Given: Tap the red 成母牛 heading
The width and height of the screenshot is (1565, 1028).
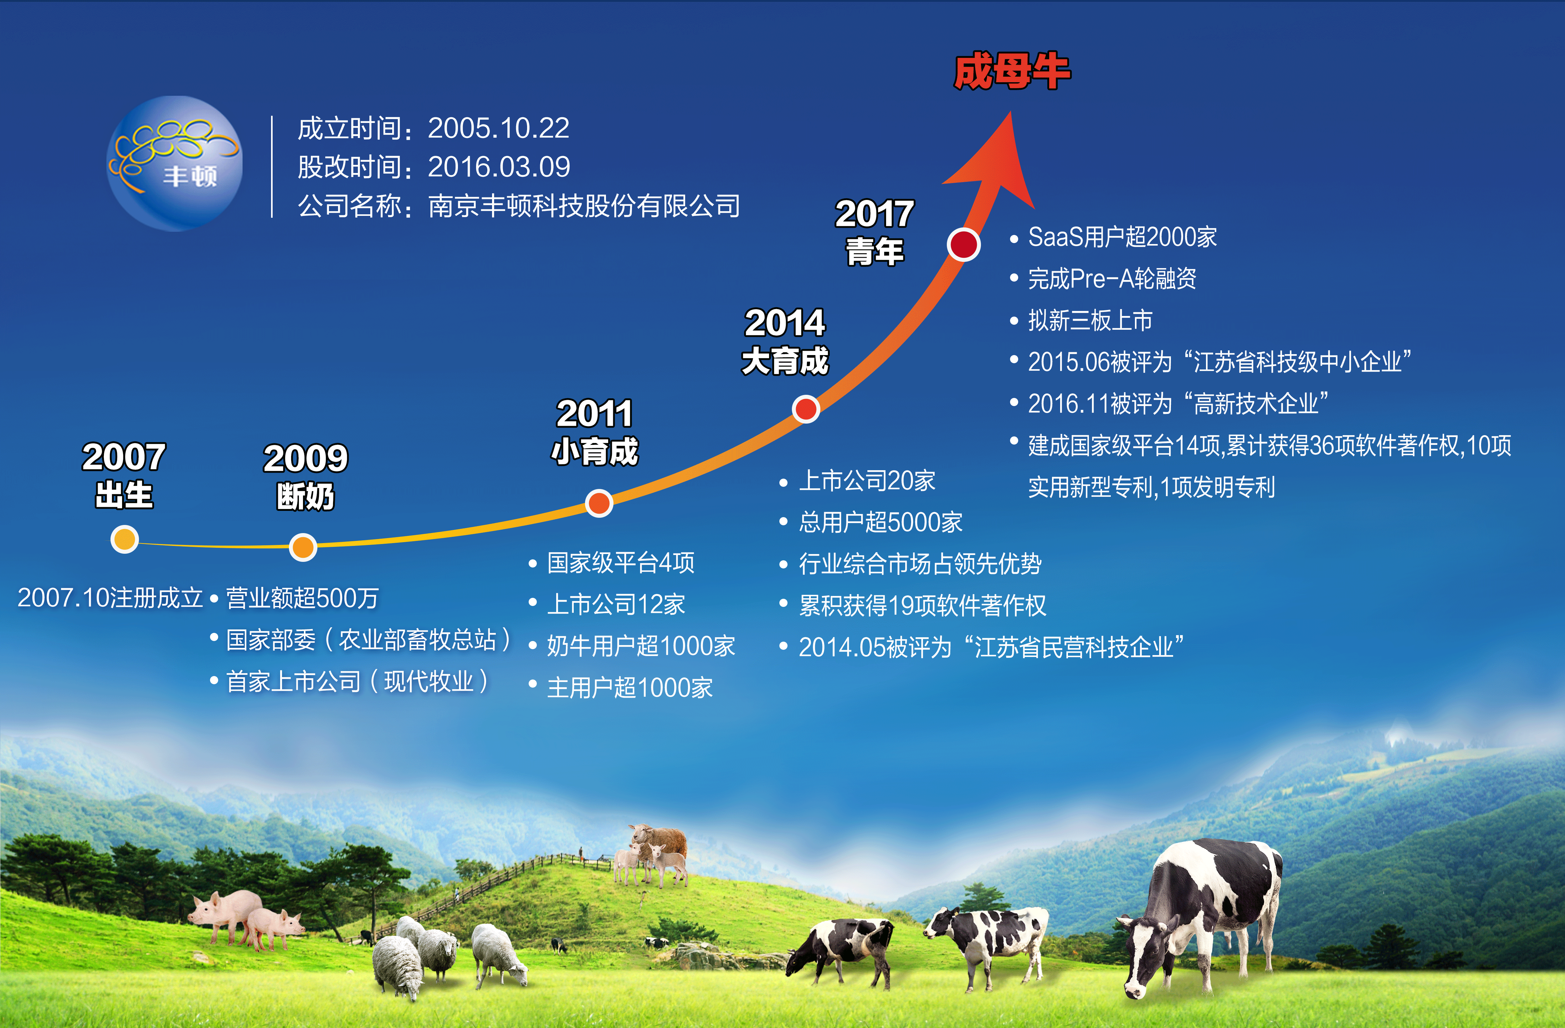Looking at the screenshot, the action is (x=1012, y=72).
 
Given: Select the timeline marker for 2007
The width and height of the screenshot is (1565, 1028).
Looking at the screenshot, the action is (x=124, y=540).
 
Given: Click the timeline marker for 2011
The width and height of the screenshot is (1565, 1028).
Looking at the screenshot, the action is (x=598, y=503).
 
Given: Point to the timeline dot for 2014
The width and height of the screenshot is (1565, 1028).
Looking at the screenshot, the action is (x=806, y=409).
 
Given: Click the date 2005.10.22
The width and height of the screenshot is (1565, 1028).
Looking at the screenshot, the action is (x=498, y=128).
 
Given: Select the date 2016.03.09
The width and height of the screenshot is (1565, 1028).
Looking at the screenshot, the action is (x=499, y=167).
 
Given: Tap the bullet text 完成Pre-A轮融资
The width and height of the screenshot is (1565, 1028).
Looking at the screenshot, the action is (x=1112, y=279).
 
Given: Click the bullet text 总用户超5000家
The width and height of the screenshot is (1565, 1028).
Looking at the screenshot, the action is (x=880, y=522).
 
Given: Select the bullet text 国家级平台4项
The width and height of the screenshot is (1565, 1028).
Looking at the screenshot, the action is (x=621, y=562).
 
